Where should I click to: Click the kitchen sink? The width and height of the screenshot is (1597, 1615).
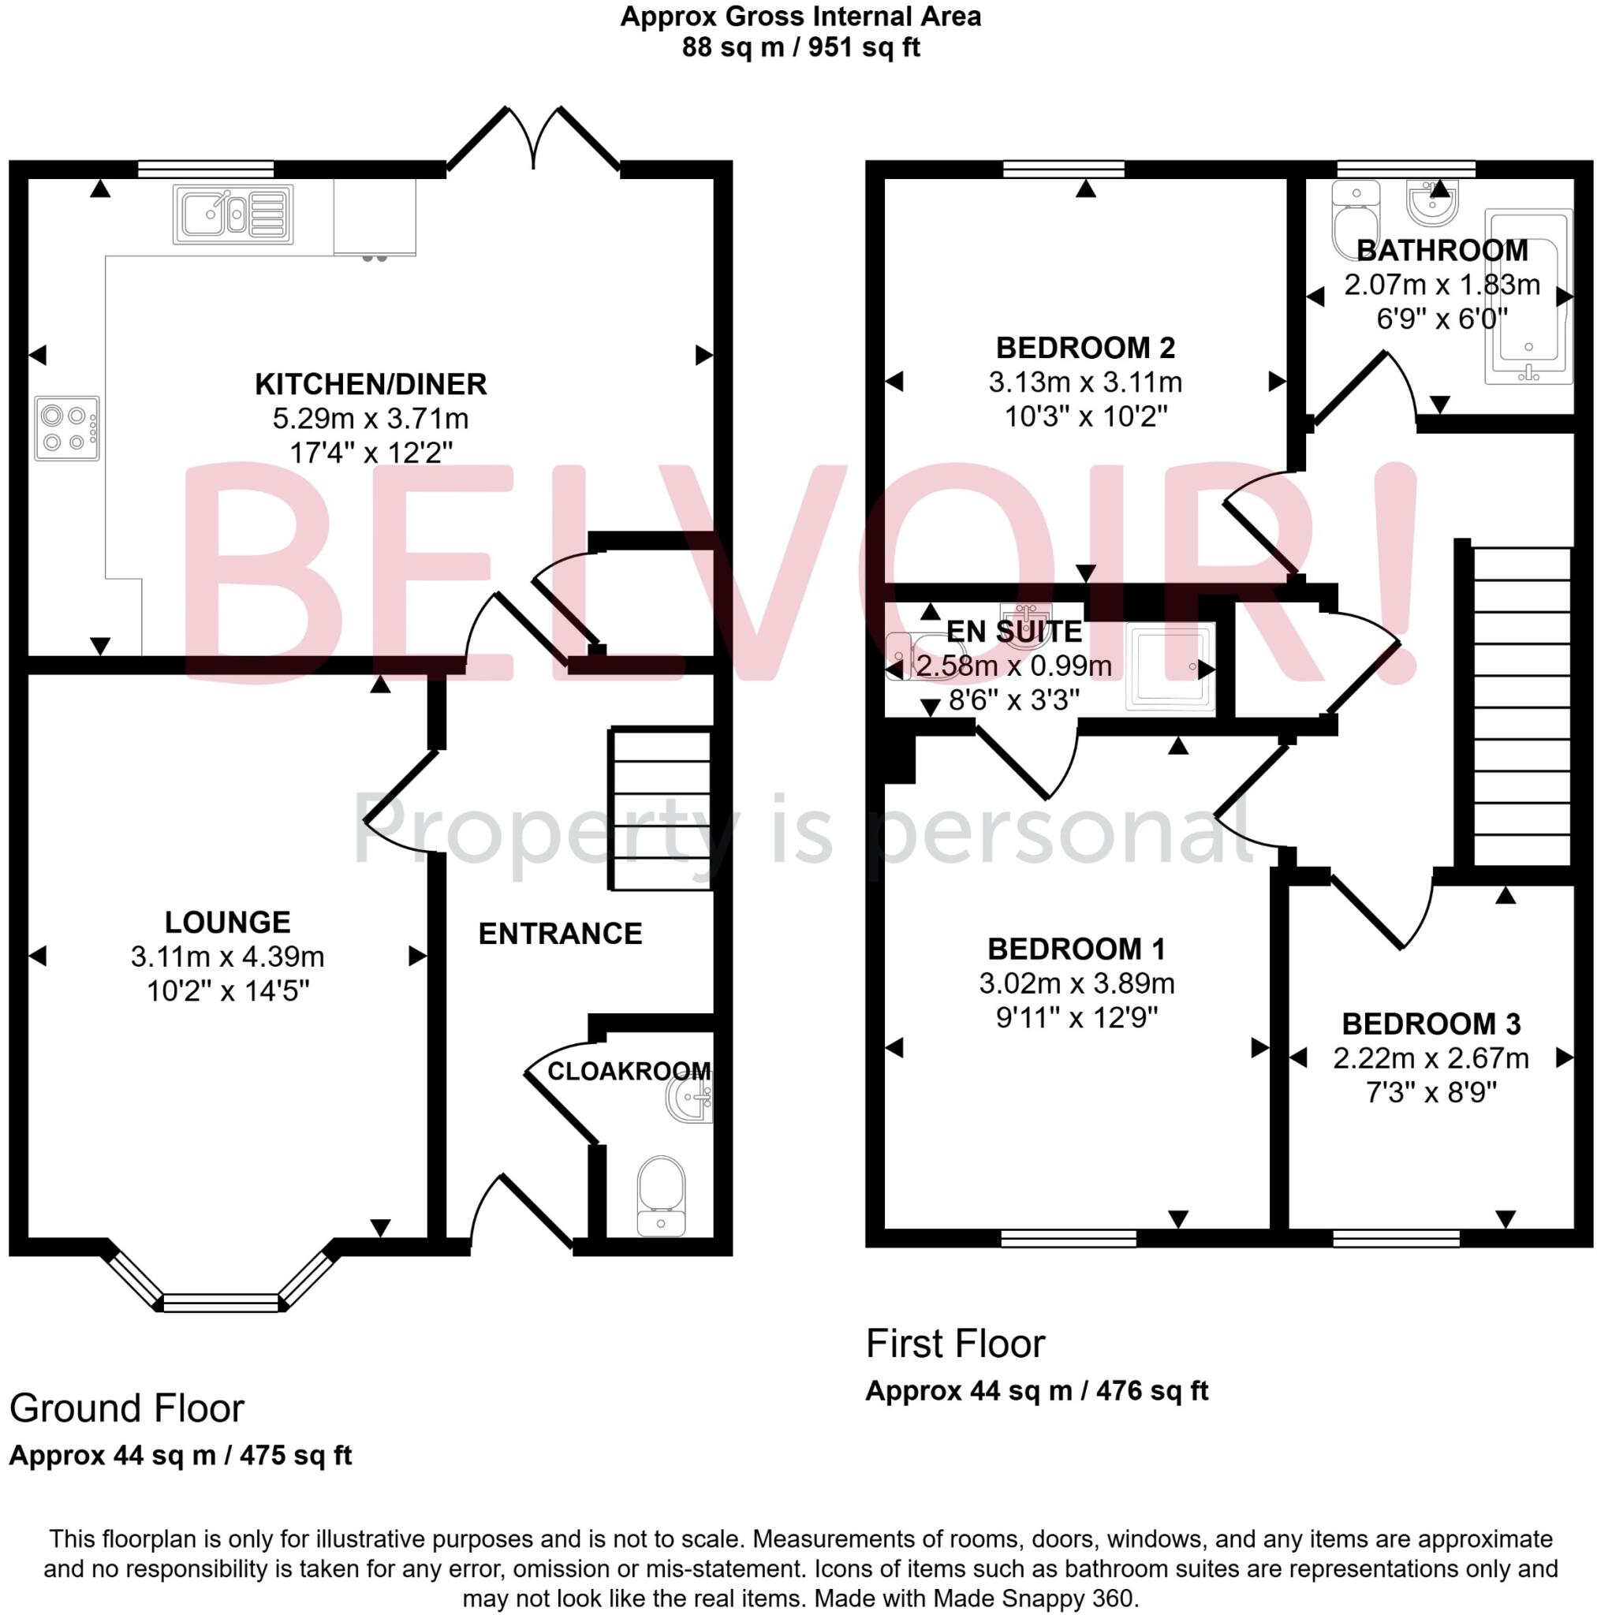[233, 214]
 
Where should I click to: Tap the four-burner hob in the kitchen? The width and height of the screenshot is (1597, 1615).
[67, 428]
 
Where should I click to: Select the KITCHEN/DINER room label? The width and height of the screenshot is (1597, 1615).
[371, 384]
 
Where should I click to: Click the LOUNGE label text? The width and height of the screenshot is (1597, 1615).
[227, 922]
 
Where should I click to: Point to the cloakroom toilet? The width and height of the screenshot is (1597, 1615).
[661, 1194]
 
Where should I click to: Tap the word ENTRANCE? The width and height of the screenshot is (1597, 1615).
[560, 933]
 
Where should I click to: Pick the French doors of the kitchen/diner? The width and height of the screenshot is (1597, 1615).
[533, 139]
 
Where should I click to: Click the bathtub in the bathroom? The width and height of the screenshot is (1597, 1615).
[1528, 297]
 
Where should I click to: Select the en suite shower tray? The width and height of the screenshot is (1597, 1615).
[1170, 666]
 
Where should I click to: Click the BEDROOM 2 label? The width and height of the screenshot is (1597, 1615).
[1085, 347]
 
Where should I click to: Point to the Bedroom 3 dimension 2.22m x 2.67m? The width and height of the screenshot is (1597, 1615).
[1431, 1057]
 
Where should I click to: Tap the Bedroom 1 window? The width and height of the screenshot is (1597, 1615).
[1069, 1239]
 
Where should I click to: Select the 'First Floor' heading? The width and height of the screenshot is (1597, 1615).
[955, 1343]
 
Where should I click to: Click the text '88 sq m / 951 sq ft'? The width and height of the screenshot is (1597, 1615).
[800, 47]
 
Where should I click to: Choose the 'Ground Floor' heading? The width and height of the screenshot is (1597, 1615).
[126, 1408]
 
